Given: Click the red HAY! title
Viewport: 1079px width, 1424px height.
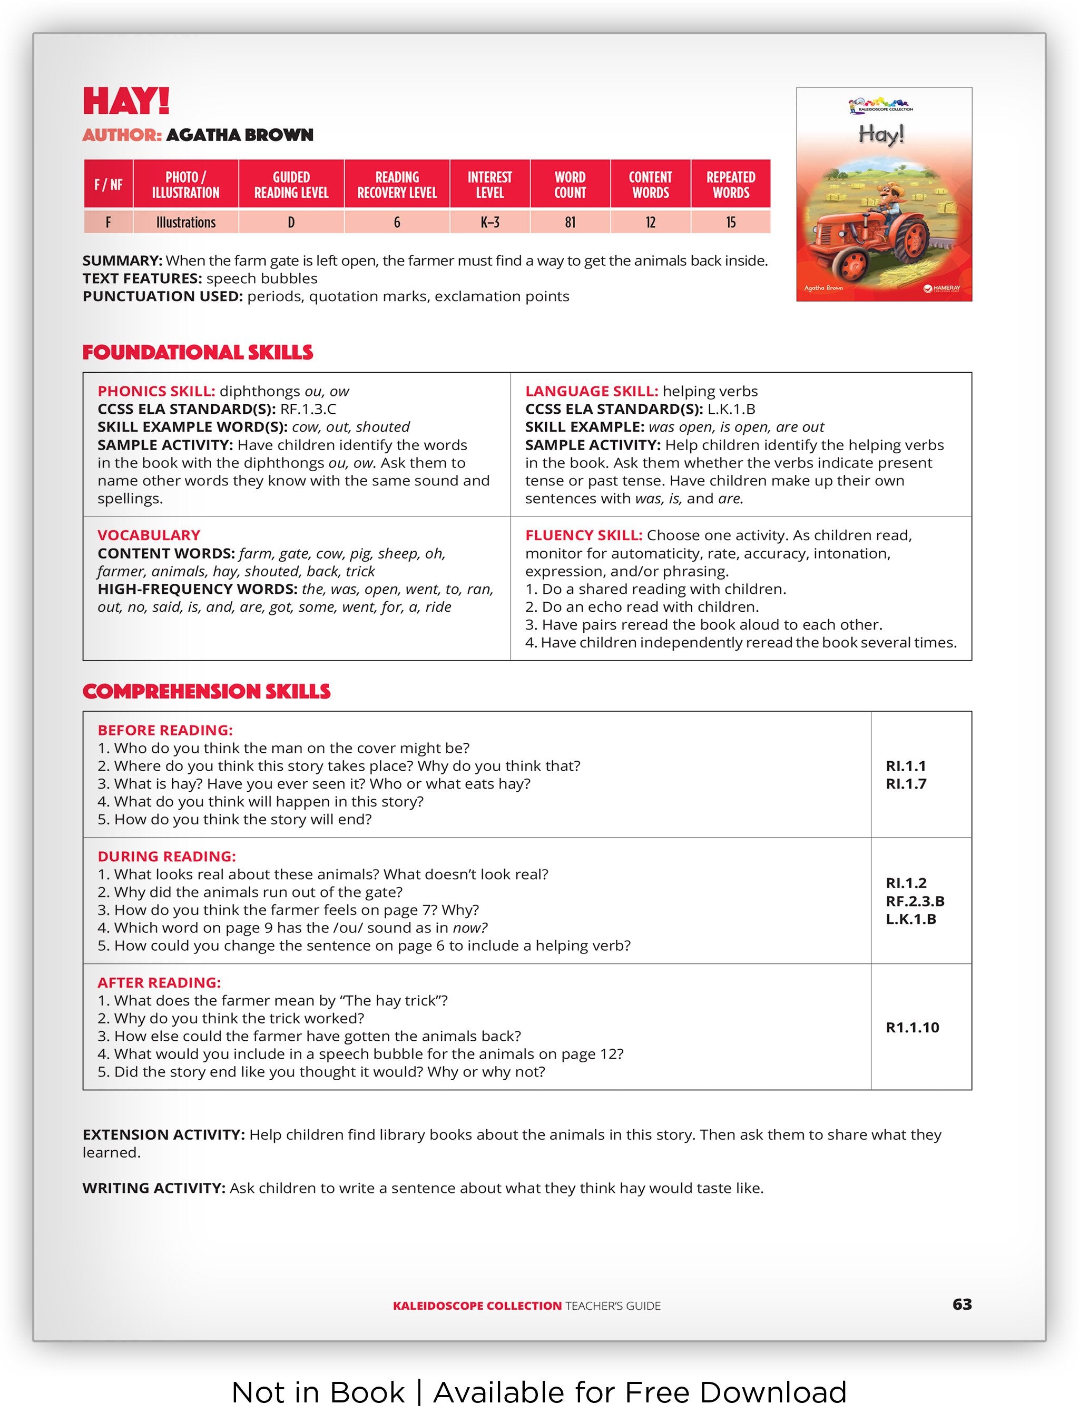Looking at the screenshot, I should pyautogui.click(x=126, y=102).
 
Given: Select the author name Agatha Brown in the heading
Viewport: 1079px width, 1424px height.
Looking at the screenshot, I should pyautogui.click(x=240, y=135).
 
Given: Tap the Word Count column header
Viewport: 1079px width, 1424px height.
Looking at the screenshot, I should pyautogui.click(x=570, y=185).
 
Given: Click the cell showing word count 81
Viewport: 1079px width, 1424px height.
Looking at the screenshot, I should pyautogui.click(x=570, y=223).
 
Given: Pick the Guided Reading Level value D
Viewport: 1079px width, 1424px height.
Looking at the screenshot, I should pyautogui.click(x=291, y=223).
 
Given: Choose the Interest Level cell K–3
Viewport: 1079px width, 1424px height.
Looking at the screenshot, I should pyautogui.click(x=489, y=223).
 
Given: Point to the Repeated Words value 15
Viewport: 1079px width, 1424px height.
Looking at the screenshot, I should pyautogui.click(x=731, y=223).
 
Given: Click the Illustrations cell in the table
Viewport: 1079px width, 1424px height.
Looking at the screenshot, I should pyautogui.click(x=185, y=223).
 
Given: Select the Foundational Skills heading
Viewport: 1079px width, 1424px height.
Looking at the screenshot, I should pyautogui.click(x=198, y=353).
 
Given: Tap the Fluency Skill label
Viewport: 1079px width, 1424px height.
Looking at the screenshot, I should pyautogui.click(x=583, y=535).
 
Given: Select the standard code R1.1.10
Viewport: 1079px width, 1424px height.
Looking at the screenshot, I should pyautogui.click(x=912, y=1028).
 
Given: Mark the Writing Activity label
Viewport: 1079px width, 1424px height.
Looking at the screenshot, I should pyautogui.click(x=154, y=1188).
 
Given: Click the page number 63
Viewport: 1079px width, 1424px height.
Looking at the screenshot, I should pyautogui.click(x=962, y=1304).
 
